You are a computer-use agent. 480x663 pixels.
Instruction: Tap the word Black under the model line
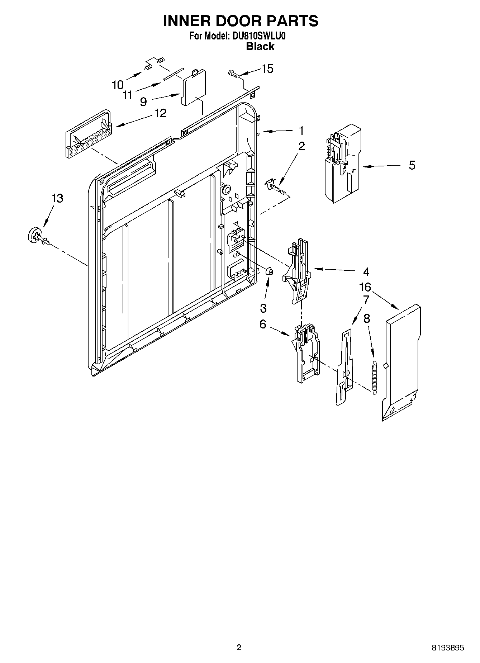tap(260, 46)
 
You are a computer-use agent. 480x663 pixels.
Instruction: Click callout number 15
tap(267, 68)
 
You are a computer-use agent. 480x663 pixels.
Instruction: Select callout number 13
tap(57, 198)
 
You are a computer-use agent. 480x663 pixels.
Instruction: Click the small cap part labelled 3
tap(270, 271)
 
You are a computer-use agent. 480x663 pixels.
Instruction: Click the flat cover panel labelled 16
tap(401, 362)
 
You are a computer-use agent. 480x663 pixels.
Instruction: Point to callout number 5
tap(412, 165)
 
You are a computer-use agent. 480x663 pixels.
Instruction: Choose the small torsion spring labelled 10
tap(154, 63)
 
